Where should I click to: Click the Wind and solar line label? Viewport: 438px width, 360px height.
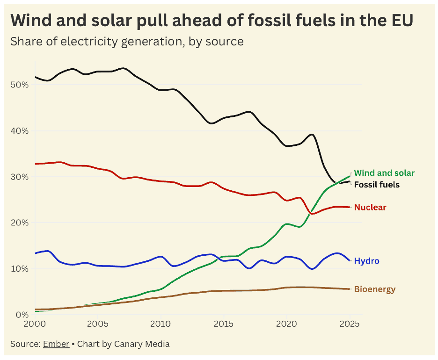point(384,173)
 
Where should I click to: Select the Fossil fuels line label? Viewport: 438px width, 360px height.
point(377,185)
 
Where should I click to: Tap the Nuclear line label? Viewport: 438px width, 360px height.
point(370,207)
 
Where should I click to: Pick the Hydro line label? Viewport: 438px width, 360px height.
point(366,261)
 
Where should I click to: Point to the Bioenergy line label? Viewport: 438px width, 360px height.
point(374,289)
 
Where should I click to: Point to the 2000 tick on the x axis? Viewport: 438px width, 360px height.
point(35,324)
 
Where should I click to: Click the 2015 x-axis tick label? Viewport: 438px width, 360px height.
point(223,324)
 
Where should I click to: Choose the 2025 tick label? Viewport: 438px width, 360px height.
point(349,324)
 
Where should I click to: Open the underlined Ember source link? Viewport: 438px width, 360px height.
point(56,344)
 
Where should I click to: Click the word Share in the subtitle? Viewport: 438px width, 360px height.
point(24,41)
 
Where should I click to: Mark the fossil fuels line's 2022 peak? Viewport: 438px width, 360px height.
point(312,134)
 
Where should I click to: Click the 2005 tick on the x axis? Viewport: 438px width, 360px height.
point(98,324)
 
